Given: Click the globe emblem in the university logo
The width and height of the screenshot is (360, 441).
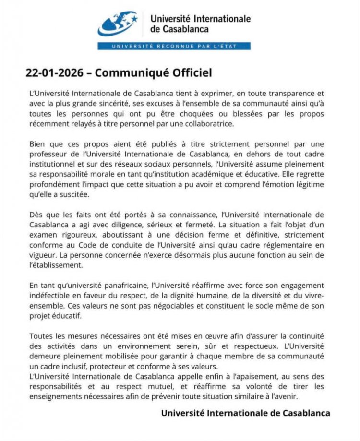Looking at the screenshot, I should (117, 24).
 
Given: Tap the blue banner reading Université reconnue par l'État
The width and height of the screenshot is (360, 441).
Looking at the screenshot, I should (174, 46).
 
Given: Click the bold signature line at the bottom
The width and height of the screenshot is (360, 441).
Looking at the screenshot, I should (245, 413).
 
